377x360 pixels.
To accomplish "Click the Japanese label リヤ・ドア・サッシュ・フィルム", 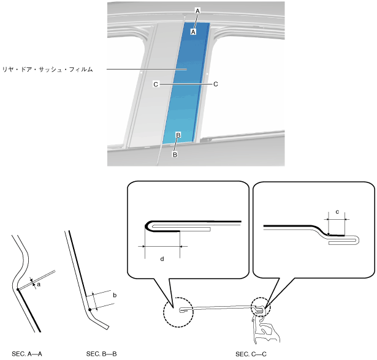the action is pos(47,70).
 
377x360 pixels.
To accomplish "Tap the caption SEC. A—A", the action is pos(27,354).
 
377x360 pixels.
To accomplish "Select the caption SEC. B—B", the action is pos(102,354).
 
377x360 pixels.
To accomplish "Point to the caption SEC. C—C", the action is pos(251,354).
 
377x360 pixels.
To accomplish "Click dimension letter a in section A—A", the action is pos(39,285).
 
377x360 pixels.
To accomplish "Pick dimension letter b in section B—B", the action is pos(115,295).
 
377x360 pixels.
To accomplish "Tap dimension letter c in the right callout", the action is pos(337,212).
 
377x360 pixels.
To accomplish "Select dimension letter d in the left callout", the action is pos(162,259).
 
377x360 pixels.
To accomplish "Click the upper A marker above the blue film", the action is pos(197,11).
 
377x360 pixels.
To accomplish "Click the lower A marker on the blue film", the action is pos(193,32).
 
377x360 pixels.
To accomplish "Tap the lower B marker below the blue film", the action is pos(175,155).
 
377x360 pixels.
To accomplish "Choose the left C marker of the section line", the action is pos(156,84).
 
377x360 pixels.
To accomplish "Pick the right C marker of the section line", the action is pos(216,84).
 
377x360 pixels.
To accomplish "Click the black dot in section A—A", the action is pos(18,290).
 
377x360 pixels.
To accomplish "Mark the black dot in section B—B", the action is pos(90,310).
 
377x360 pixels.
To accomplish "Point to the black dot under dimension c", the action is pos(329,234).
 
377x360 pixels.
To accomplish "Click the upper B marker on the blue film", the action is pos(178,135).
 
